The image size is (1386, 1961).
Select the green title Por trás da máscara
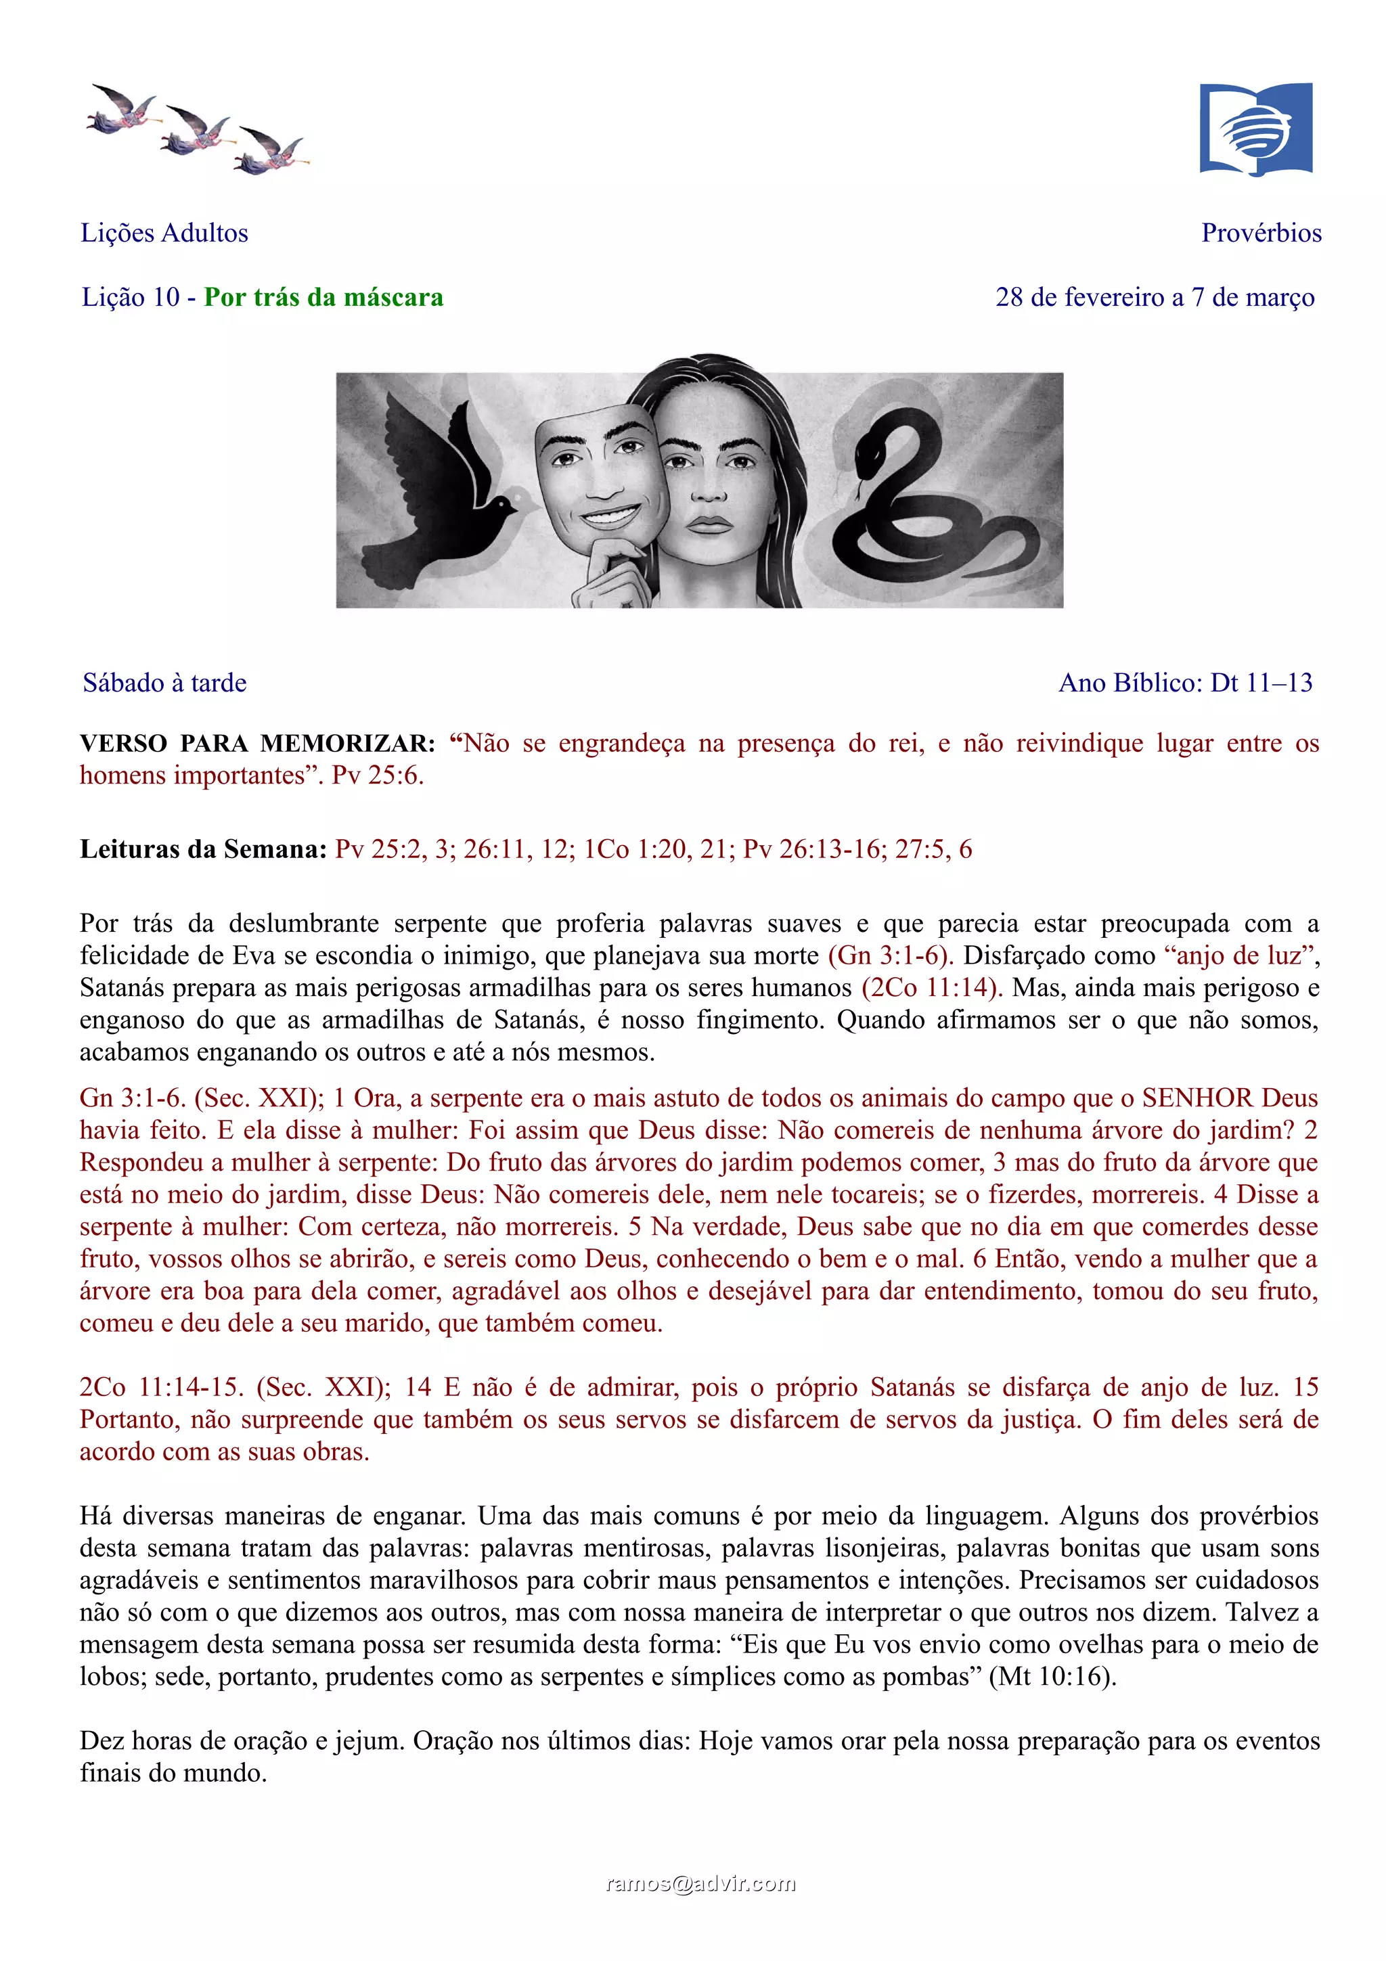pos(323,297)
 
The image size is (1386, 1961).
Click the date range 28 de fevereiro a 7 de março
pos(1155,297)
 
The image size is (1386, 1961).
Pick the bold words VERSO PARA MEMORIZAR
pos(257,743)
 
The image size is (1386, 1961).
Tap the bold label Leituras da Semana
pos(203,849)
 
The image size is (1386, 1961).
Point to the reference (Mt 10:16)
pos(1052,1677)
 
